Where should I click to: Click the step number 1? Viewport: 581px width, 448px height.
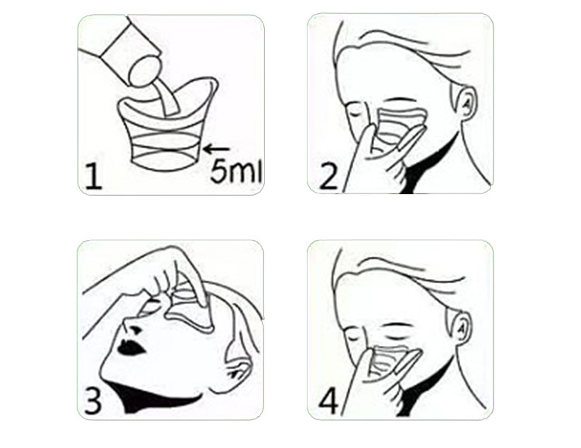click(93, 177)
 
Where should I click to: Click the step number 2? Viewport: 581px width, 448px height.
click(328, 177)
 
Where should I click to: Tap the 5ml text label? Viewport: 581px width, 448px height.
click(236, 172)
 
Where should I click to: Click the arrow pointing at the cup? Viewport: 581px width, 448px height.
click(216, 149)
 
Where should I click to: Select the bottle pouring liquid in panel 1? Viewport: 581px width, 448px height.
click(122, 52)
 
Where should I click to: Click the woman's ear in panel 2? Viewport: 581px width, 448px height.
click(465, 104)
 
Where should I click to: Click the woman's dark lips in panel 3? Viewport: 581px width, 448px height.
click(130, 347)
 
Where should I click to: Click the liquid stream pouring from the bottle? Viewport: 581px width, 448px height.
click(167, 97)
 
